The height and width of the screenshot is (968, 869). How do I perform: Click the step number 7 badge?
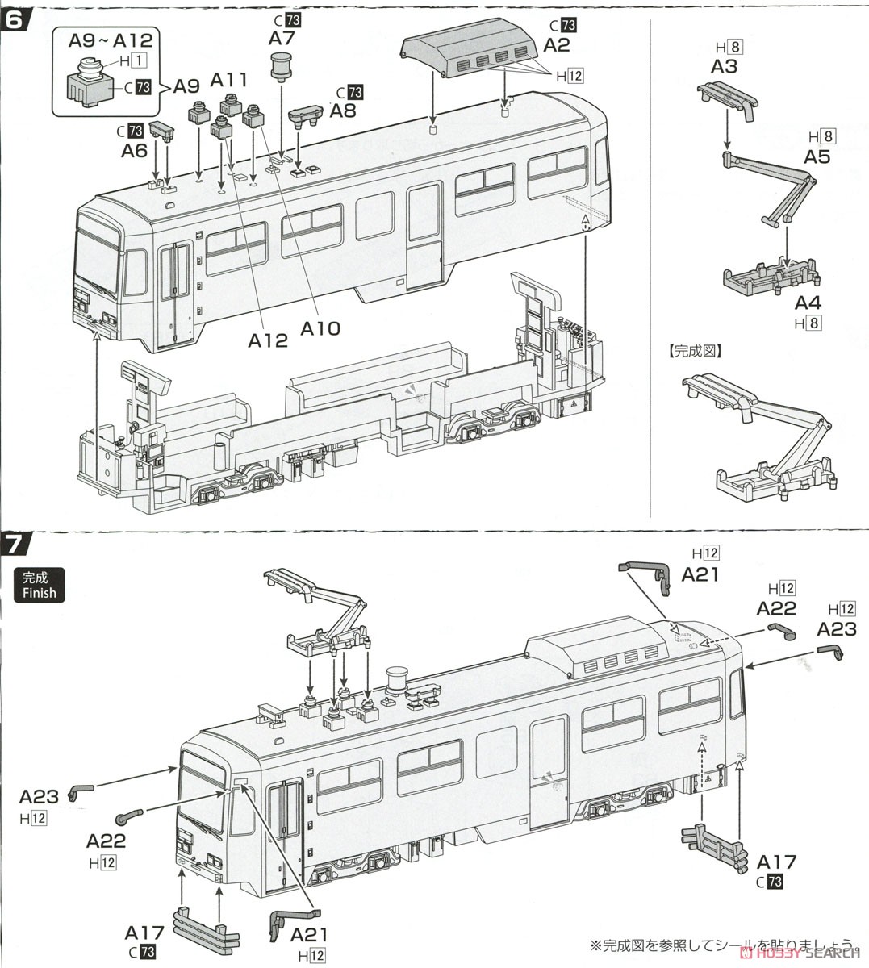tap(18, 544)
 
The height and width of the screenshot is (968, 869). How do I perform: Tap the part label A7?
tap(282, 38)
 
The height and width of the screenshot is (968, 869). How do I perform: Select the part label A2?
tap(557, 44)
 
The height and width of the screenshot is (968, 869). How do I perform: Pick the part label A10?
tap(321, 328)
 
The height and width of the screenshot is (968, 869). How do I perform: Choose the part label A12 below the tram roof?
tap(268, 340)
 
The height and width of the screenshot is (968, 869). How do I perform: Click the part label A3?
tap(724, 66)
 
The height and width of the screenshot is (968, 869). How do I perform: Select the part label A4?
tap(808, 303)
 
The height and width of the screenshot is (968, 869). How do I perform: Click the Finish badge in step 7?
tap(40, 585)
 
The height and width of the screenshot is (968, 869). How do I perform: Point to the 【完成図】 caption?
tap(696, 351)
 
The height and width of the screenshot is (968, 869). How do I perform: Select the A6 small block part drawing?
tap(163, 130)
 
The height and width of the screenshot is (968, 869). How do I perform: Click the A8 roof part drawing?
tap(305, 118)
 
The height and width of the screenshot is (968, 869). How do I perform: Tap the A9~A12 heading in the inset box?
tap(111, 39)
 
